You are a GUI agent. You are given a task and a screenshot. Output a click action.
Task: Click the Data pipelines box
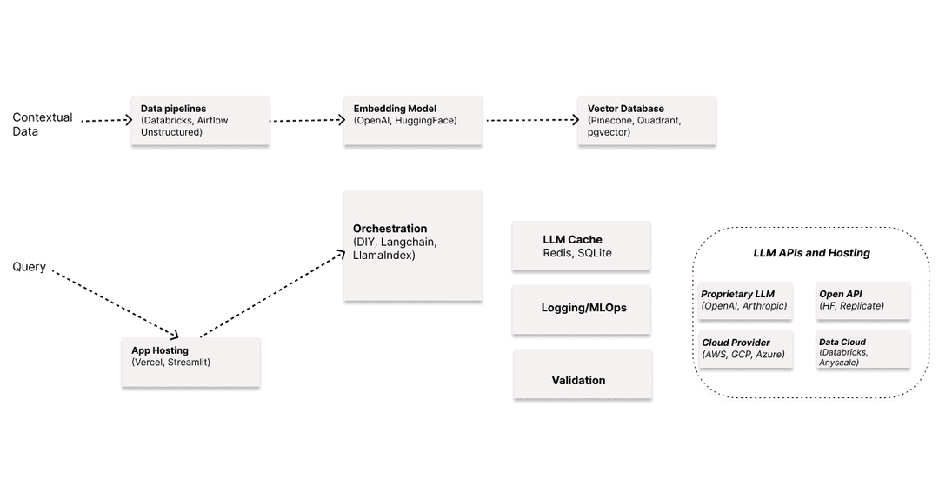click(x=200, y=121)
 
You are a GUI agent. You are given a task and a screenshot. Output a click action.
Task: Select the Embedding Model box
click(x=413, y=121)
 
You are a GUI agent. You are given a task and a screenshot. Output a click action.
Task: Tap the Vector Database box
click(x=647, y=121)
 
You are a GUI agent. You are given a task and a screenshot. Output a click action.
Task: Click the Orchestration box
click(x=413, y=245)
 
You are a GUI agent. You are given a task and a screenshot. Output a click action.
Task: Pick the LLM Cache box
click(x=581, y=245)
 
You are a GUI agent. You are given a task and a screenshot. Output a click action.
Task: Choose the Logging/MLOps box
click(x=581, y=309)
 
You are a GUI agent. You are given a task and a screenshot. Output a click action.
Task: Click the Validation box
click(x=582, y=374)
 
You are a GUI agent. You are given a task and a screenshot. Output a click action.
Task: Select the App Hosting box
click(x=190, y=362)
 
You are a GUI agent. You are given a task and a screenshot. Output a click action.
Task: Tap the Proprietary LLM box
click(x=745, y=300)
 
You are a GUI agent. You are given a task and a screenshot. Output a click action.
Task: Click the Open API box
click(x=862, y=300)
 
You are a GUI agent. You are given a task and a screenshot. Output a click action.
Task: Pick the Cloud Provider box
click(x=745, y=349)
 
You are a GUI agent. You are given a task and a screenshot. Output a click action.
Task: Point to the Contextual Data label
click(x=43, y=124)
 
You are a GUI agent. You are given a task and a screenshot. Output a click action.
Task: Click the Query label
click(x=29, y=267)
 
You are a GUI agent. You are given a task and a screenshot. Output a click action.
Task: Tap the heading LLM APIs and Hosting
click(x=811, y=253)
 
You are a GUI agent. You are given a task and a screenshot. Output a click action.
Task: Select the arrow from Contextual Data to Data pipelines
click(x=105, y=121)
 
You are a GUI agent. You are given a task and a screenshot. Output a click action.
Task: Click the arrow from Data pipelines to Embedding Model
click(x=308, y=121)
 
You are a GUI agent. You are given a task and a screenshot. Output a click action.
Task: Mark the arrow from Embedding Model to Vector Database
click(x=531, y=121)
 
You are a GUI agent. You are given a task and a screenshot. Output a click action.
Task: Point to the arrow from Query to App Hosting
click(x=115, y=303)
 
